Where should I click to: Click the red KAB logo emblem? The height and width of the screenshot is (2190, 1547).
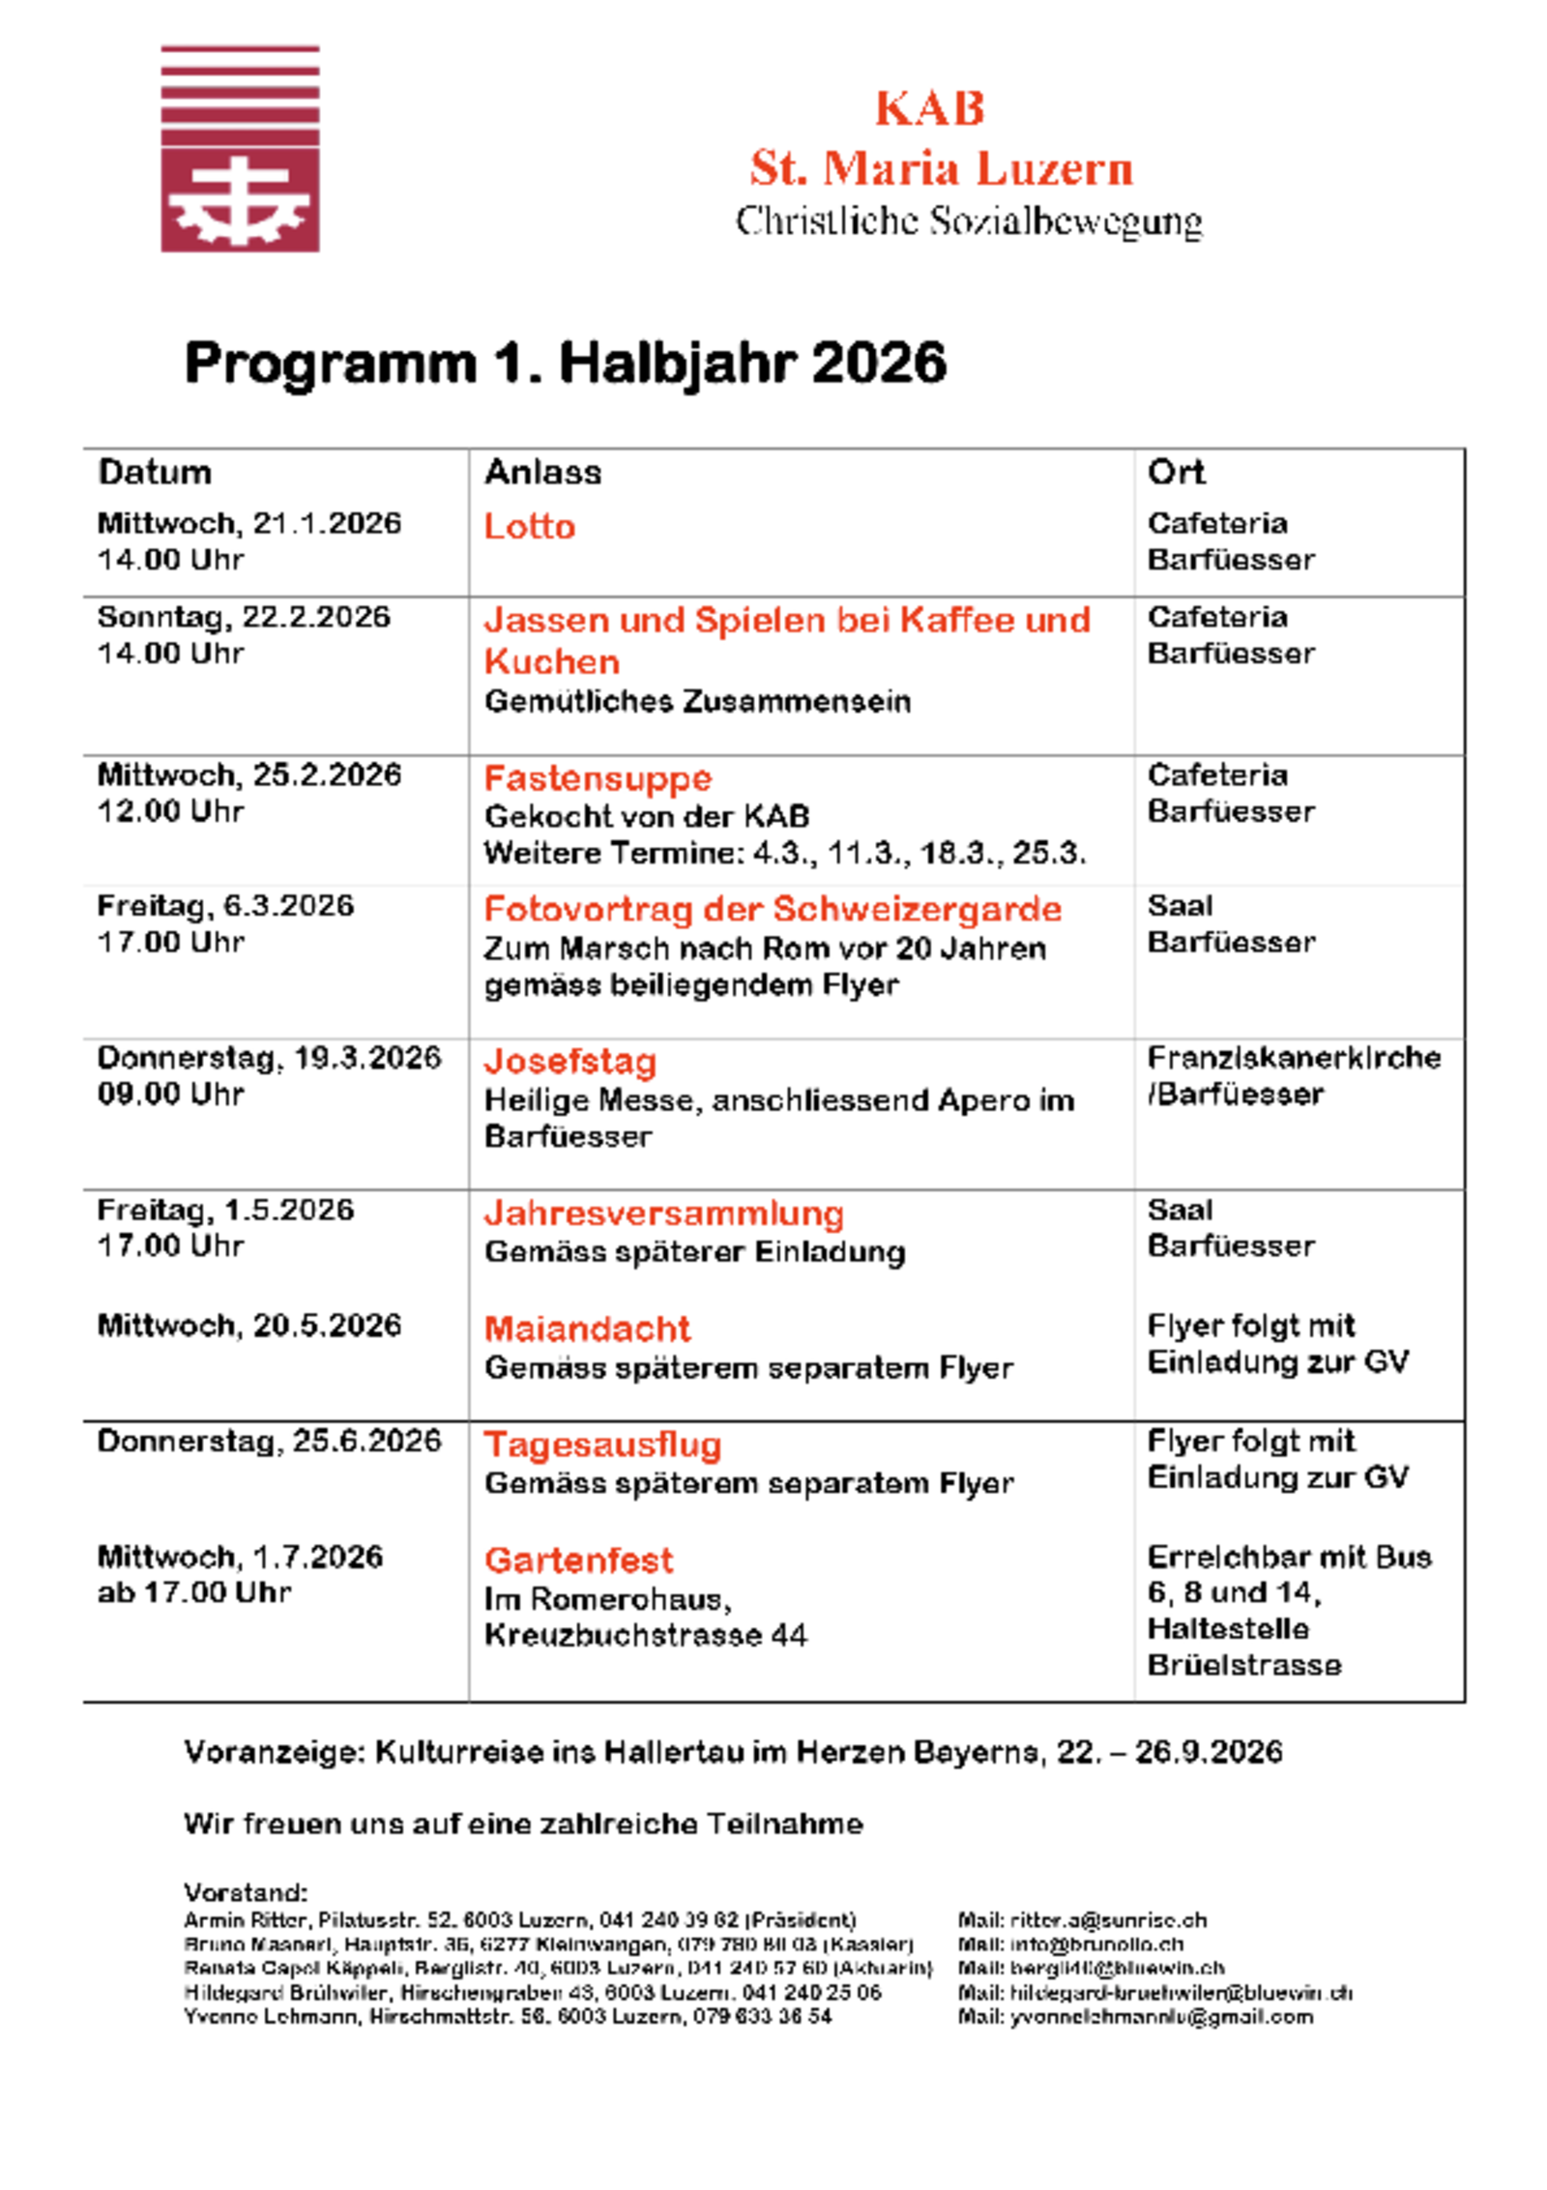240,148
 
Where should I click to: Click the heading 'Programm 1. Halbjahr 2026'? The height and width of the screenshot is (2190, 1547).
565,364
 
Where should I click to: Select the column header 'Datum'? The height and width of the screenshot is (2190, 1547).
155,472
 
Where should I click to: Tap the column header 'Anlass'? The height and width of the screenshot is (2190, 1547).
542,472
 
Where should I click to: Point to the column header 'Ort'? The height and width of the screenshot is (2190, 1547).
1176,472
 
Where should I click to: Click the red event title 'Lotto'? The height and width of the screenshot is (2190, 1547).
530,526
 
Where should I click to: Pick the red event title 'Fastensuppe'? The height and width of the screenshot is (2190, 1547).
598,778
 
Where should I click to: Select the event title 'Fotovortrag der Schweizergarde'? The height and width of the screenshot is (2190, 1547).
773,909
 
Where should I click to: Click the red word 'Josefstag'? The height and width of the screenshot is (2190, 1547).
570,1061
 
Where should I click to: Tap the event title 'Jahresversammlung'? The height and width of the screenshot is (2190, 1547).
664,1212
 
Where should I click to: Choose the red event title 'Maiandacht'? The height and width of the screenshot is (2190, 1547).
588,1329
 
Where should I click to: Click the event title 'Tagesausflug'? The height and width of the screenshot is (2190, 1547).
603,1445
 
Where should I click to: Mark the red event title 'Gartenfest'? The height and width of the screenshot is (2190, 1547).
578,1560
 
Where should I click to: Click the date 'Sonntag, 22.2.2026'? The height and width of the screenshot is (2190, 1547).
244,617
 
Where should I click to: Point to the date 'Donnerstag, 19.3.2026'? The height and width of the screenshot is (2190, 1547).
269,1058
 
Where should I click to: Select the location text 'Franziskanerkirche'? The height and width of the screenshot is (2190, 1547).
1294,1058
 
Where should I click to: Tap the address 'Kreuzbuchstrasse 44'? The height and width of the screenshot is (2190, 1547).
646,1635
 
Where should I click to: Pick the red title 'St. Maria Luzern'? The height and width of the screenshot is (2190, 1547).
941,168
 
